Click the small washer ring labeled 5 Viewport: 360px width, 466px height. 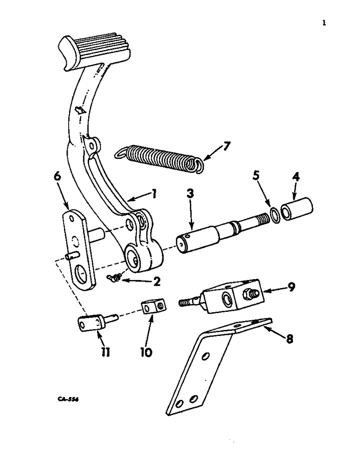[x=275, y=213]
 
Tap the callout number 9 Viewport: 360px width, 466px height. [x=291, y=287]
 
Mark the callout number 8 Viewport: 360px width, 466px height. [x=289, y=339]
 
